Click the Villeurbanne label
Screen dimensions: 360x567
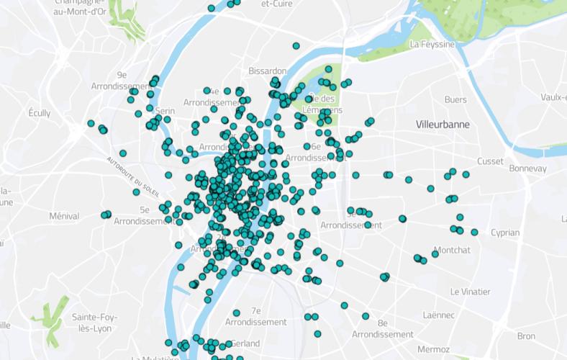click(443, 125)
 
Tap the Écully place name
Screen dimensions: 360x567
click(40, 113)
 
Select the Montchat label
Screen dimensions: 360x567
click(453, 250)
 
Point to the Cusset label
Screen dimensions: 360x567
click(489, 161)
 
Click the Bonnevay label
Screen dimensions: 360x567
click(527, 168)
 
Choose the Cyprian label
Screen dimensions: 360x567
click(504, 233)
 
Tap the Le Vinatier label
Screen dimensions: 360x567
click(470, 292)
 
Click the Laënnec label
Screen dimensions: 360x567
click(439, 315)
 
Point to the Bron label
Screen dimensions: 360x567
click(526, 336)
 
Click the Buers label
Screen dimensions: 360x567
click(455, 99)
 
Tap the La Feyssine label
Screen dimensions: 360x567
click(432, 44)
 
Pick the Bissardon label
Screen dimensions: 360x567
click(267, 71)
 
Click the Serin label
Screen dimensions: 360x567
click(165, 111)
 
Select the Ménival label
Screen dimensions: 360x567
click(64, 216)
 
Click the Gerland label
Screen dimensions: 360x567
click(246, 343)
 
